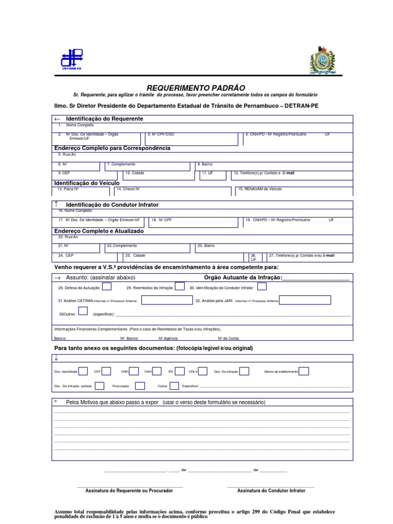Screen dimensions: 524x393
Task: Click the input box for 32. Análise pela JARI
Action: click(x=305, y=300)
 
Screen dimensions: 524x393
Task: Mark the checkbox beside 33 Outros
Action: click(x=83, y=312)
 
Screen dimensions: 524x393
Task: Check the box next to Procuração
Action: click(x=138, y=385)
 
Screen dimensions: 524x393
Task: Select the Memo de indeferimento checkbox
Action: click(x=304, y=371)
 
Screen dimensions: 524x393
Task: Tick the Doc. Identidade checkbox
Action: click(x=83, y=371)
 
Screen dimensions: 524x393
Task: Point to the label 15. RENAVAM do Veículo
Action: click(x=259, y=189)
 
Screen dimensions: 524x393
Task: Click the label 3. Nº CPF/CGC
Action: click(x=161, y=134)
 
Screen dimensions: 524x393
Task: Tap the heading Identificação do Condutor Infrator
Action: click(x=112, y=205)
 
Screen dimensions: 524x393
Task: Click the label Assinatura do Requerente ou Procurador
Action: click(x=129, y=490)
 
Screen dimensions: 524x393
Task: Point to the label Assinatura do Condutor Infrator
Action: click(x=271, y=490)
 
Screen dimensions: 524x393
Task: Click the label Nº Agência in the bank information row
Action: click(x=168, y=338)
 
